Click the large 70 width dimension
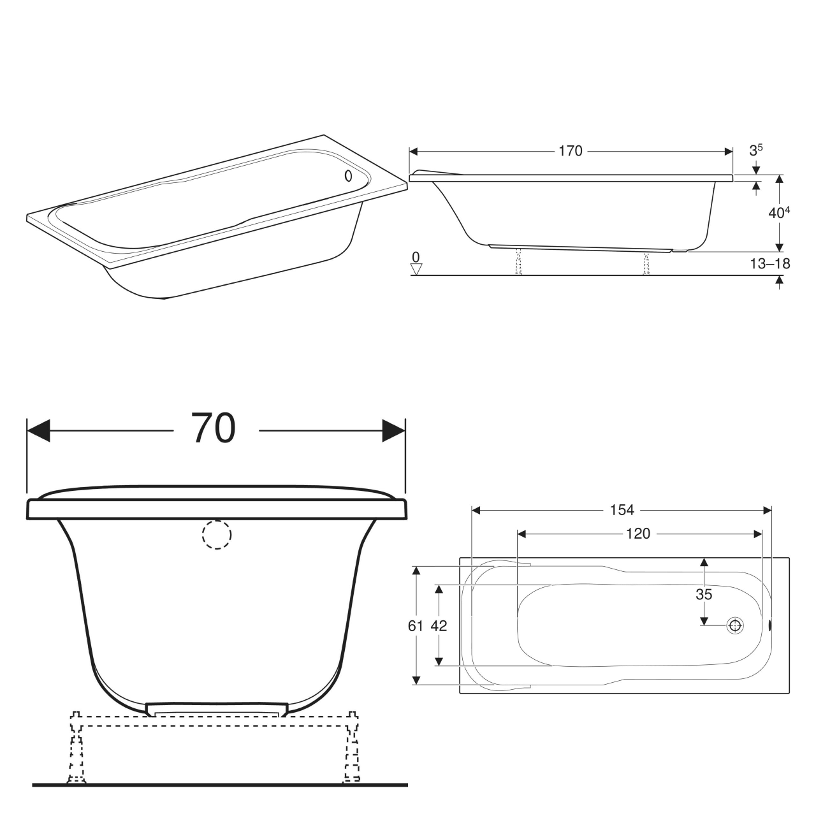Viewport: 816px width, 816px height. (213, 428)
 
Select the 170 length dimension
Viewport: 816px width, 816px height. (571, 151)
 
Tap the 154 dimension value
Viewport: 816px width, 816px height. (622, 510)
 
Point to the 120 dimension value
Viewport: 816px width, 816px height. (638, 534)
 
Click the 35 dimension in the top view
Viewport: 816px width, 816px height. (704, 595)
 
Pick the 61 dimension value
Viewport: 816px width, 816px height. (416, 626)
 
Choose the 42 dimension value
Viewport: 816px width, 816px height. (439, 626)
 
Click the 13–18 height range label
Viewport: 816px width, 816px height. (770, 264)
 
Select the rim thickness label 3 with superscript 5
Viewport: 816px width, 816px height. (756, 150)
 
